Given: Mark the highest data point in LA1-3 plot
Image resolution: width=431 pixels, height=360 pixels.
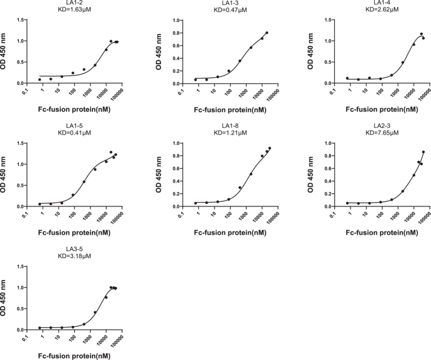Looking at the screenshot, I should click(x=267, y=33).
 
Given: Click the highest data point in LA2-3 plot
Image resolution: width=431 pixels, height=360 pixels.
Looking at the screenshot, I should click(x=423, y=152).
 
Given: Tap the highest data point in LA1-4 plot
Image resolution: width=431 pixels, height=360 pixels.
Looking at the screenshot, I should click(x=422, y=34).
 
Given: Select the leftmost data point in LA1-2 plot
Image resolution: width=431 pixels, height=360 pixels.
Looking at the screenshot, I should click(x=40, y=79).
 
